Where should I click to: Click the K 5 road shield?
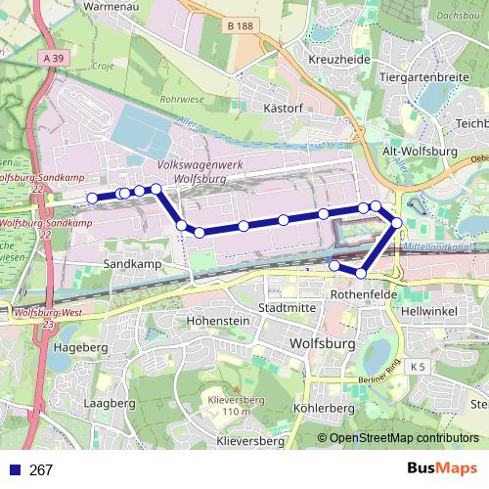[419, 366]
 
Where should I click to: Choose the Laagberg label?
[109, 402]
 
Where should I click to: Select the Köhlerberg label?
[323, 408]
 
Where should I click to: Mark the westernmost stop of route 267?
[93, 199]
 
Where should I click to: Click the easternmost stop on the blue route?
[397, 224]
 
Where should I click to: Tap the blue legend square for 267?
[15, 469]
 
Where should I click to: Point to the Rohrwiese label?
[182, 99]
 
